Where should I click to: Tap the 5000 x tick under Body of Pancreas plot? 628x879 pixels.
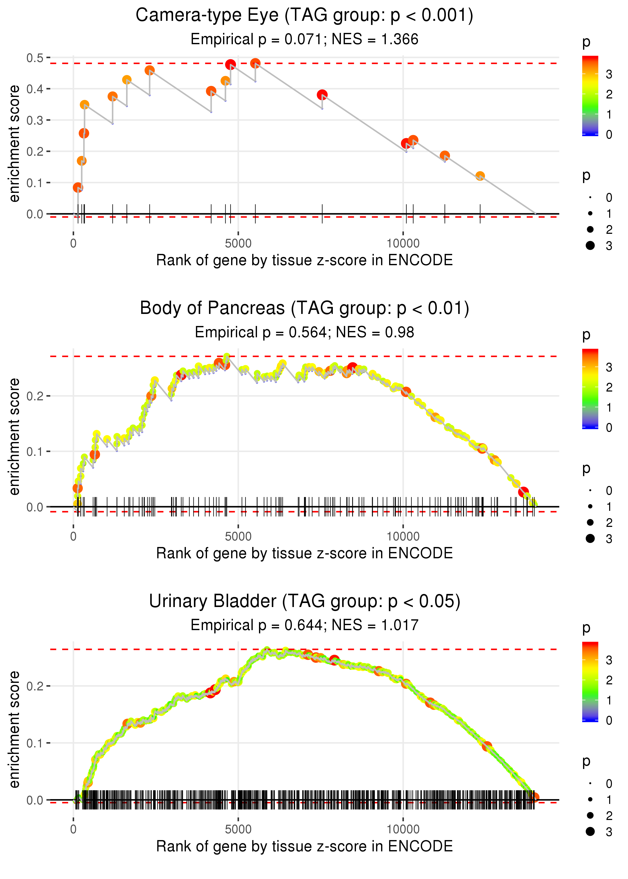point(238,536)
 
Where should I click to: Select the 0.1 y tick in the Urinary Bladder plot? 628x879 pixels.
point(35,743)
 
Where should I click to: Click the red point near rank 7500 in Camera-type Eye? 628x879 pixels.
point(322,95)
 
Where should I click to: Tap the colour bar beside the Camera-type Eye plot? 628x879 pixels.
point(590,95)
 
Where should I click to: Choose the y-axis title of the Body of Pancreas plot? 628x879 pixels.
point(14,436)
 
